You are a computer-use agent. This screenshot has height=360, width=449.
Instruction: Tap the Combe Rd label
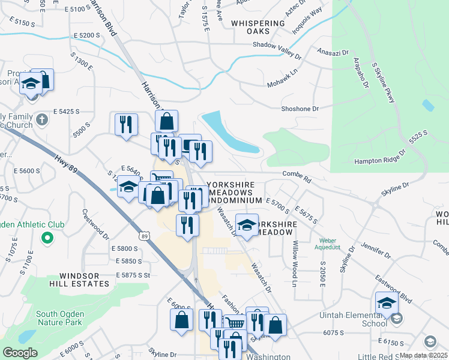click(298, 179)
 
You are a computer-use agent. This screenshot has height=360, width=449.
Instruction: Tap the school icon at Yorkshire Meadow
click(247, 224)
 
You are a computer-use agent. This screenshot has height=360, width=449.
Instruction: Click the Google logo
click(20, 353)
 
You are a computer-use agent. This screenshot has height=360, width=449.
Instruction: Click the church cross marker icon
click(41, 119)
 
